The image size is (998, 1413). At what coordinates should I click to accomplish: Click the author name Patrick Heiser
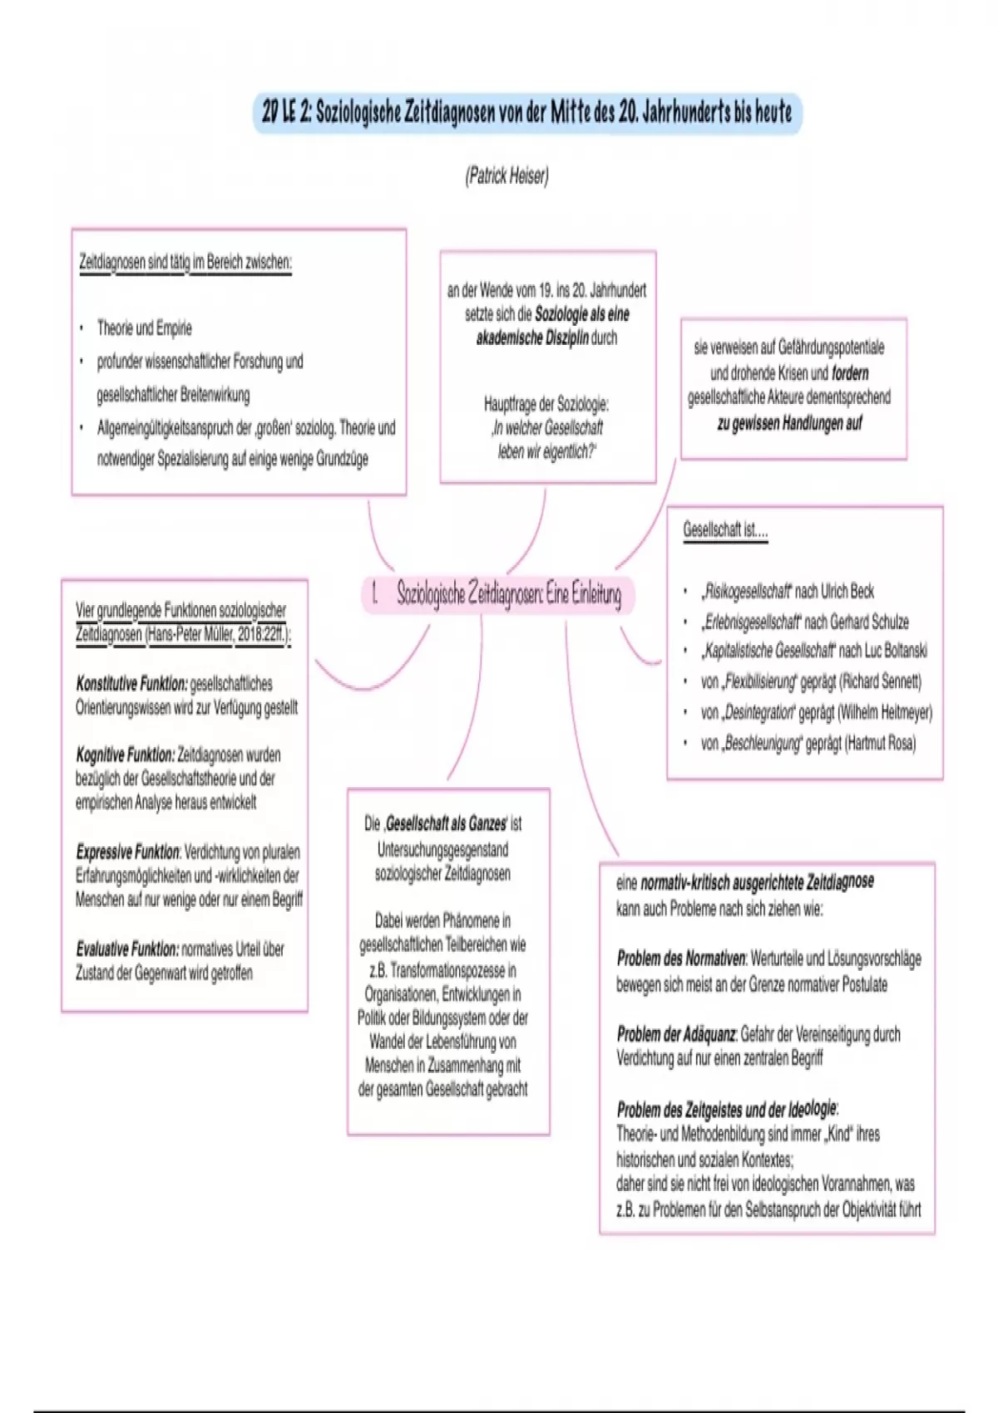tap(506, 176)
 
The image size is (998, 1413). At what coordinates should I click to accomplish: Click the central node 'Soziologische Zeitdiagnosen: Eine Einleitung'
tap(499, 594)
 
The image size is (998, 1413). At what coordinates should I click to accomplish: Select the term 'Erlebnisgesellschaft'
tap(752, 622)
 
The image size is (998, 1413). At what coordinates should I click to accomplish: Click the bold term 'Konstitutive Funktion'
tap(131, 684)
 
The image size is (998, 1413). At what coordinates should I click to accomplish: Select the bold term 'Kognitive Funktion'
tap(125, 755)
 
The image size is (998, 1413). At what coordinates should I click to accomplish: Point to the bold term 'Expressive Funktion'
tap(127, 852)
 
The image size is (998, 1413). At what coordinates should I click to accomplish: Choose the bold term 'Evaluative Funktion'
tap(127, 949)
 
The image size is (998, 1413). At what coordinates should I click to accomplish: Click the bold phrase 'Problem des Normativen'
tap(681, 959)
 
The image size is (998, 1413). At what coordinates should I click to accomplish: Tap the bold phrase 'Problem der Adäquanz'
tap(676, 1035)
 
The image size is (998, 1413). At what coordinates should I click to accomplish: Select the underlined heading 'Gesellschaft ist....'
tap(725, 530)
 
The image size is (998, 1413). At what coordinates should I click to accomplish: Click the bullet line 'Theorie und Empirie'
tap(144, 328)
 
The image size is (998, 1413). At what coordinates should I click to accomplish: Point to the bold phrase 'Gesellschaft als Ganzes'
tap(446, 825)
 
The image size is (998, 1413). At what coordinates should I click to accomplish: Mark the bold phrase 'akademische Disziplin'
tap(532, 338)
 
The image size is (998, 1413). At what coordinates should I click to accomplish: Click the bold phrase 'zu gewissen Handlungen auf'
tap(789, 423)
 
